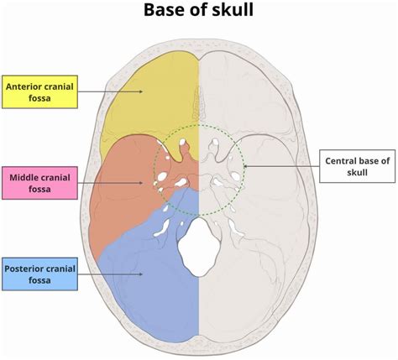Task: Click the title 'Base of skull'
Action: click(x=199, y=12)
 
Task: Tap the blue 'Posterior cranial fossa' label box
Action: click(x=40, y=274)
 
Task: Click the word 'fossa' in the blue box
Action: click(x=39, y=281)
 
